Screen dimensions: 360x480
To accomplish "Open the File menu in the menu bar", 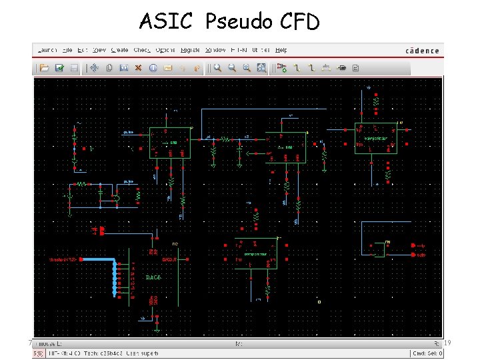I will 67,50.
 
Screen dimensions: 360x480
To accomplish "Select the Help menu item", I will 281,50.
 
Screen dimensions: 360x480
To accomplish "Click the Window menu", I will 215,50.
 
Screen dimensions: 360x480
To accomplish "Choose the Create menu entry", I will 119,50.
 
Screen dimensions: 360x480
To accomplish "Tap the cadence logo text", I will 422,51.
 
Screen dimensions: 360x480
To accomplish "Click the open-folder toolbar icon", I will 45,67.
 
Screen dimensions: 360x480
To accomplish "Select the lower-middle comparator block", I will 256,254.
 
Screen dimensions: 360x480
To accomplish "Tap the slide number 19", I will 447,343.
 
